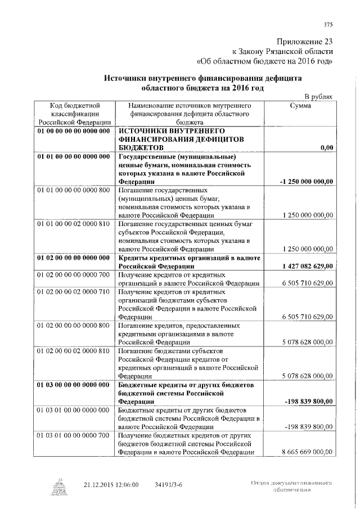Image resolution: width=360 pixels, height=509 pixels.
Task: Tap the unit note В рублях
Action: pos(318,97)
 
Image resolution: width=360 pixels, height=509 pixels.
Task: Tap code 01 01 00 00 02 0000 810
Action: pos(74,224)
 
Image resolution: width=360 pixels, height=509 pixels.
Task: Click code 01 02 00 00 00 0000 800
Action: pos(74,326)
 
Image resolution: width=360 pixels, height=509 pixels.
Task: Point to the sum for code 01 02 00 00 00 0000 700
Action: pos(307,283)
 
